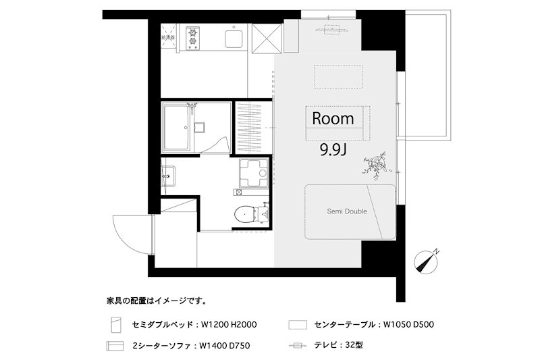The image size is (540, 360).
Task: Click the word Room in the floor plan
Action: [x=333, y=119]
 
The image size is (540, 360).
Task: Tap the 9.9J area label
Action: [x=333, y=149]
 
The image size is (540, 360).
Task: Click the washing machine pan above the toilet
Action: [x=253, y=173]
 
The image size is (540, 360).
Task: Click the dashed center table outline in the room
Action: [x=338, y=77]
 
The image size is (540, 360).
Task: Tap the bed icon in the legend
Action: [x=115, y=325]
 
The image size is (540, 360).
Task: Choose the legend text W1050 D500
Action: [x=408, y=325]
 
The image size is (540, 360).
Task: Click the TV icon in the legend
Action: [x=297, y=345]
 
